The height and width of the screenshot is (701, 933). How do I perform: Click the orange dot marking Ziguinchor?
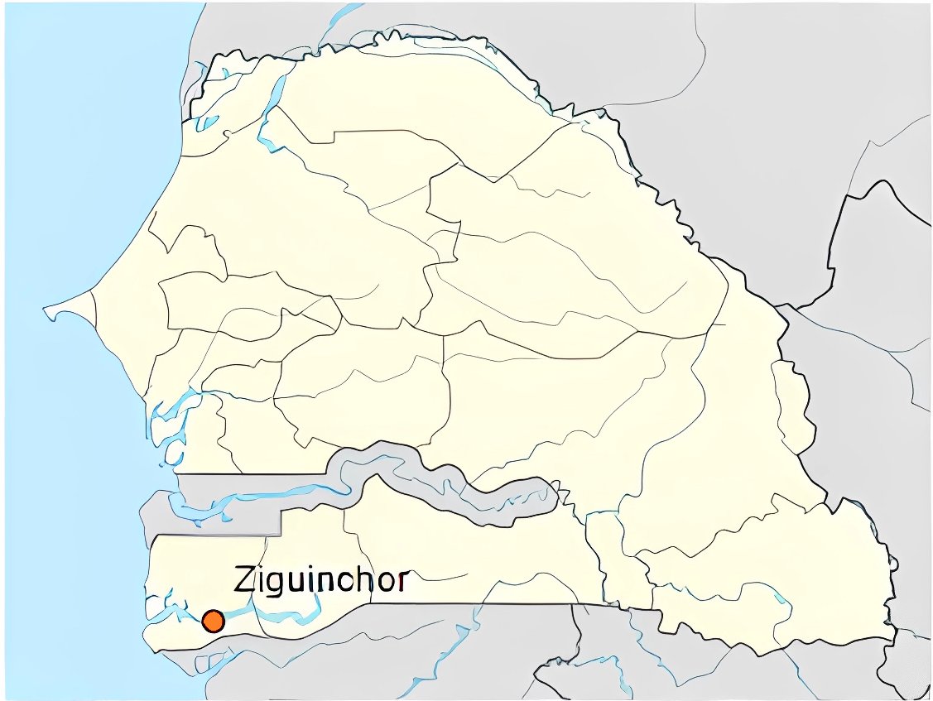coord(213,621)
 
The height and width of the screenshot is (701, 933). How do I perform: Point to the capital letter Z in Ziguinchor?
coord(246,579)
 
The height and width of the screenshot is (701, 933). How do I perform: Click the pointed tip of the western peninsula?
coord(46,311)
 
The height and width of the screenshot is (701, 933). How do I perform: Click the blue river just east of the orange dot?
coord(273,614)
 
